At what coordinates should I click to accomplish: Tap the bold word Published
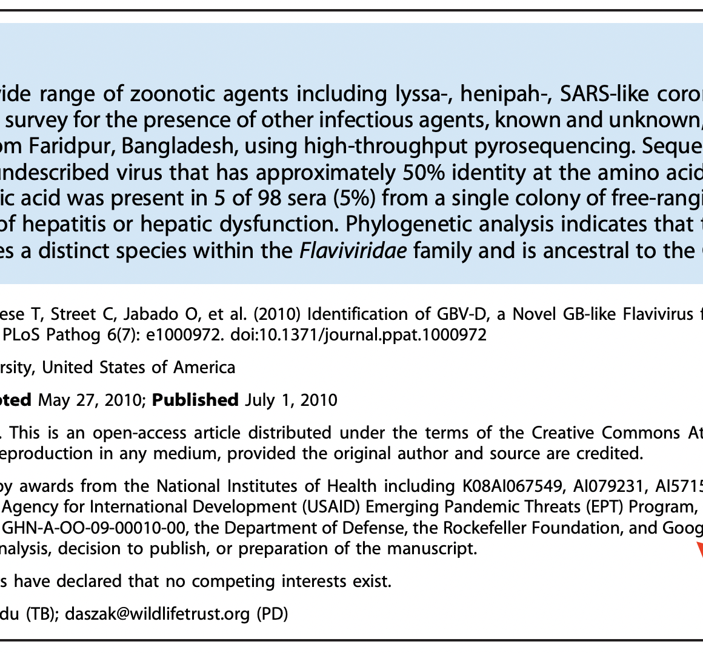[x=195, y=400]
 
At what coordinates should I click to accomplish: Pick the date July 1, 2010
[x=291, y=400]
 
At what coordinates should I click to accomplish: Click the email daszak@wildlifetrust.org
[x=158, y=614]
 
